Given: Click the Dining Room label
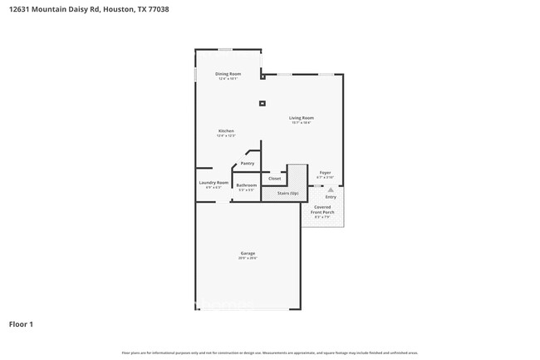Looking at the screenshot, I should click(228, 75).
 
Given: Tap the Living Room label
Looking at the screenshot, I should click(301, 118).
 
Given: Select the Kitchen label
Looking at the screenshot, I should click(226, 131).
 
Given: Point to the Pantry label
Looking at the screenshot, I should click(247, 164).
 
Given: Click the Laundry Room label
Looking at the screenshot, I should click(214, 183).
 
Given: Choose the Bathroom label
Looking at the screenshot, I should click(247, 185).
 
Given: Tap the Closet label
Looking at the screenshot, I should click(275, 179).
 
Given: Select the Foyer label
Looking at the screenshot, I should click(326, 173).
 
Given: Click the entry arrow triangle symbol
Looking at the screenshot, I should click(331, 190).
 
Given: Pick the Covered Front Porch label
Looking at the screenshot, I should click(324, 210).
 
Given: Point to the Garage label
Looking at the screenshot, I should click(248, 253).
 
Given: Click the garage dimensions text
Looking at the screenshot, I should click(248, 259).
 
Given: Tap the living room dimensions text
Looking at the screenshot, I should click(301, 123).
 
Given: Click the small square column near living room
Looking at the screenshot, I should click(263, 104).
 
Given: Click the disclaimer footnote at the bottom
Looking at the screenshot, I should click(270, 353).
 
